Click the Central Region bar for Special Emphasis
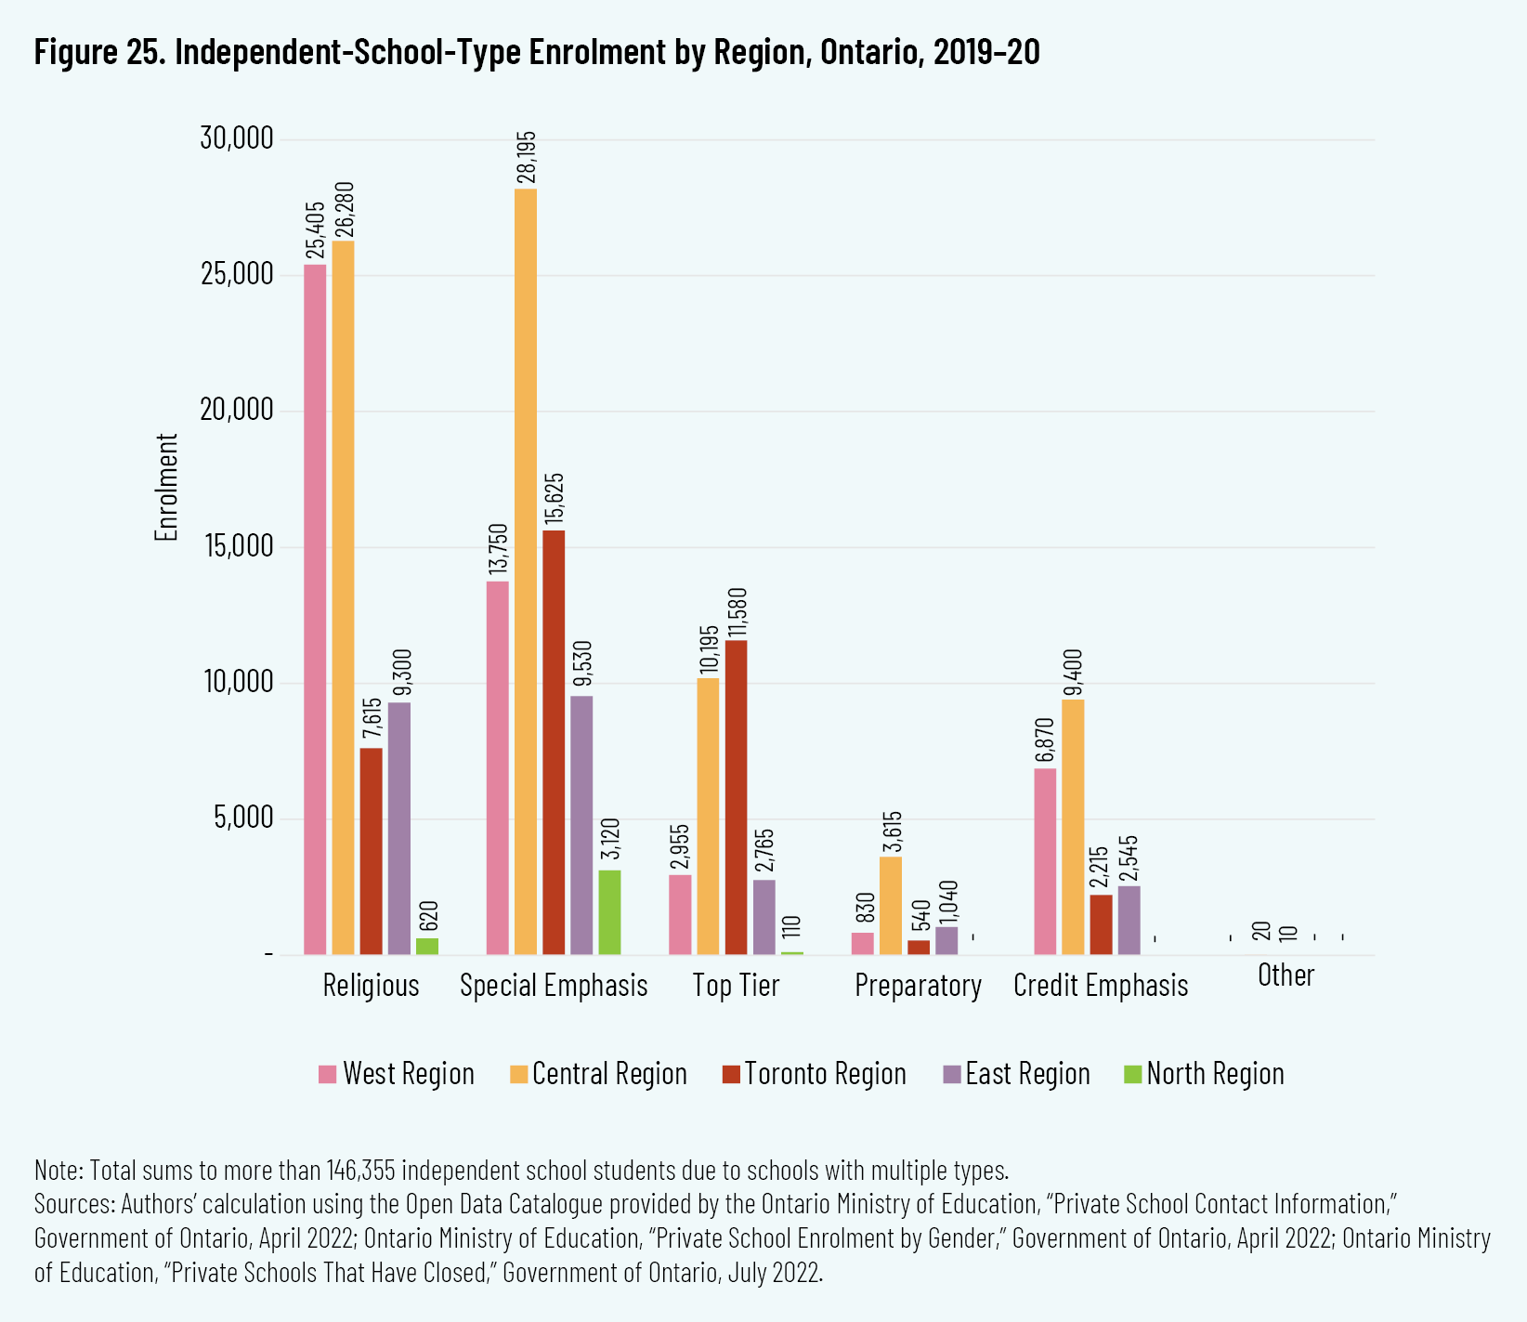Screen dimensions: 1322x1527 [x=525, y=571]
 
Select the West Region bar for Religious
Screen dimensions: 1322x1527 [x=315, y=609]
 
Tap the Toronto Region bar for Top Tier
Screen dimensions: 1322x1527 [x=736, y=797]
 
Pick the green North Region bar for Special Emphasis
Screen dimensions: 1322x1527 [x=609, y=912]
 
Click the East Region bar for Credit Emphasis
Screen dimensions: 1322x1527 [x=1129, y=920]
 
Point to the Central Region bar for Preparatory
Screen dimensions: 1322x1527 [x=891, y=905]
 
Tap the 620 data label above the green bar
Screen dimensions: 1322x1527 [x=428, y=917]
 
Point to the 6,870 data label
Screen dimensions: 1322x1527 [x=1045, y=740]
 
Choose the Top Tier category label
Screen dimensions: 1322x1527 [x=736, y=986]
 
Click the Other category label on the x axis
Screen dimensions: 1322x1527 [x=1286, y=975]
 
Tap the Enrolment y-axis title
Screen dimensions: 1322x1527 [x=166, y=487]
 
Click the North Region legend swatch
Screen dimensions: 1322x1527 [x=1132, y=1074]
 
